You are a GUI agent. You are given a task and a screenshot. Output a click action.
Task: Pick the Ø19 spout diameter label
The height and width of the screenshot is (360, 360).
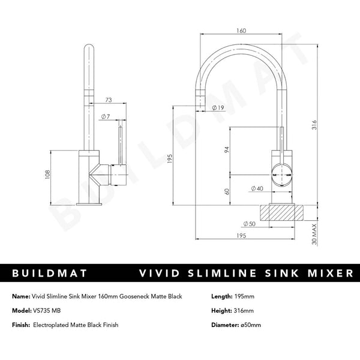(x=218, y=108)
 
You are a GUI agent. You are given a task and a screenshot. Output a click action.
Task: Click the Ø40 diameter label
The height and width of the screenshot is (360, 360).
(x=257, y=189)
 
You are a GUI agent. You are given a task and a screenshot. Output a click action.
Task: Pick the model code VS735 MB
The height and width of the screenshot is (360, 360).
(x=52, y=311)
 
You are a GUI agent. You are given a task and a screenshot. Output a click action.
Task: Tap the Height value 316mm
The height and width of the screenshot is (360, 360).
(x=246, y=311)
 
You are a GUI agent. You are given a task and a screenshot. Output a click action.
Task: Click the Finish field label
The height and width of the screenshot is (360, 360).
(x=21, y=325)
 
